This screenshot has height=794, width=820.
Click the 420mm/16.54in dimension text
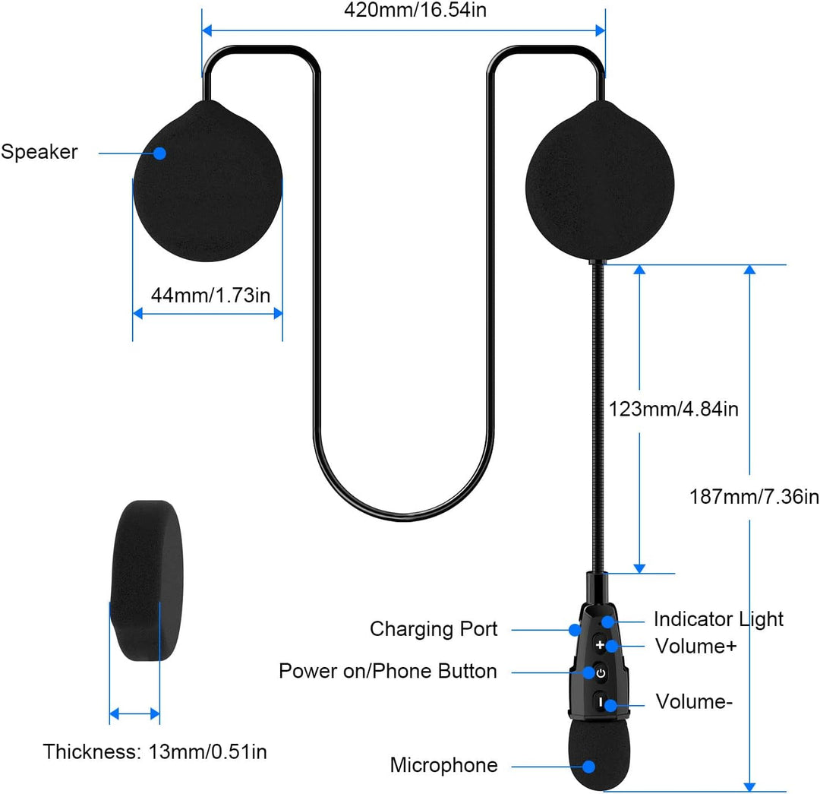point(415,10)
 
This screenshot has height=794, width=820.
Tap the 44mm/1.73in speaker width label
point(210,296)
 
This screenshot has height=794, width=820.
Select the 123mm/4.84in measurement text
point(673,409)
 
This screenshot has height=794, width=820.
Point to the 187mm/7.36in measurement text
point(754,497)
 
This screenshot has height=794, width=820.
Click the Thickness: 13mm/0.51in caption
point(155,751)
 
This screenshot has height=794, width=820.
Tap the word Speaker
point(39,152)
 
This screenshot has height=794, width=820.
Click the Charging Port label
point(434,629)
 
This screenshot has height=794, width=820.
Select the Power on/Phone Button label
point(387,671)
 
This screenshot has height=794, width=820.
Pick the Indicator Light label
point(718,619)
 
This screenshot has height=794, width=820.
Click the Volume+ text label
point(695,647)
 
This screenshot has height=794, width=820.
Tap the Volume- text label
point(694,702)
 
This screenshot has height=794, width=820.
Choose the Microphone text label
point(444,765)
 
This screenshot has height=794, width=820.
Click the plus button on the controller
point(600,645)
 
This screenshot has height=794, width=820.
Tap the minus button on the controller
point(601,701)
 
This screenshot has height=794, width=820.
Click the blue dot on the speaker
point(160,153)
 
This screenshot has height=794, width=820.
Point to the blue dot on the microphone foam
point(589,767)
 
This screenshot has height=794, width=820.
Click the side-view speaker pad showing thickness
point(147,580)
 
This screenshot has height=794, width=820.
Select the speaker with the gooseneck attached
point(600,181)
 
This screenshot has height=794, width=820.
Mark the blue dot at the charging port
point(575,630)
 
